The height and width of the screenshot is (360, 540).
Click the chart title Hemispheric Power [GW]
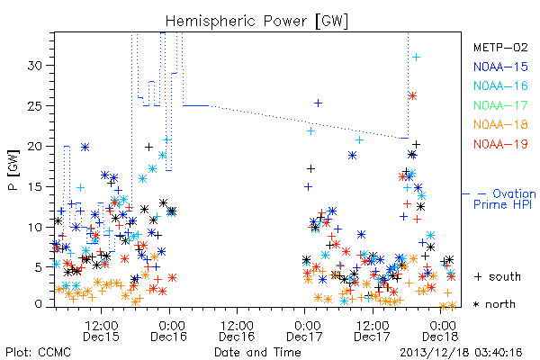[x=256, y=22]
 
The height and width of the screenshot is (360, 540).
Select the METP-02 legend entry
[x=500, y=47]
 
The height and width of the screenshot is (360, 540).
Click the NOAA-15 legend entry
[x=500, y=67]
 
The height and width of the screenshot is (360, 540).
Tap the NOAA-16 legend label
[x=500, y=85]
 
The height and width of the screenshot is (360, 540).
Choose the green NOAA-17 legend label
[x=500, y=105]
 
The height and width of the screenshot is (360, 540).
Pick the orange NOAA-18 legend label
[x=500, y=124]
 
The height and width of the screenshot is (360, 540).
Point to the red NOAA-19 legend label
[x=500, y=144]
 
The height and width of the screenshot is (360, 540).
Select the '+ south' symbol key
[x=498, y=276]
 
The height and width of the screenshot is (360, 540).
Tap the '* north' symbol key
[x=494, y=304]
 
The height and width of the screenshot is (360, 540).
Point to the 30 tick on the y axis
[x=35, y=66]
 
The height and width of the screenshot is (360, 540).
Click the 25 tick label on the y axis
[x=35, y=106]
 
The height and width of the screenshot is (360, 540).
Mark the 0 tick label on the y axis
[x=39, y=304]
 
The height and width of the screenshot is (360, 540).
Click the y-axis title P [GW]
[x=13, y=170]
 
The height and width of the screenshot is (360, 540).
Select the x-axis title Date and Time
[x=257, y=352]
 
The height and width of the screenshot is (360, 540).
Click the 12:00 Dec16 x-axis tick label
[x=237, y=331]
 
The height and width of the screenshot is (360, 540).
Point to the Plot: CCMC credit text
[x=38, y=352]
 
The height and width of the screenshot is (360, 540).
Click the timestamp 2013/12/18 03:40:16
[x=461, y=353]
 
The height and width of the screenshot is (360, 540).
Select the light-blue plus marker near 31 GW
[x=417, y=58]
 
